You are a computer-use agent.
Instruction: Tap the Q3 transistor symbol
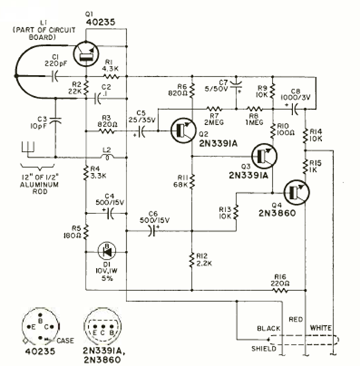pos(265,156)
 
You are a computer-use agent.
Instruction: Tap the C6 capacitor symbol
pos(153,231)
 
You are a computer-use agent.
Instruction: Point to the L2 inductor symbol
pos(106,157)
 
